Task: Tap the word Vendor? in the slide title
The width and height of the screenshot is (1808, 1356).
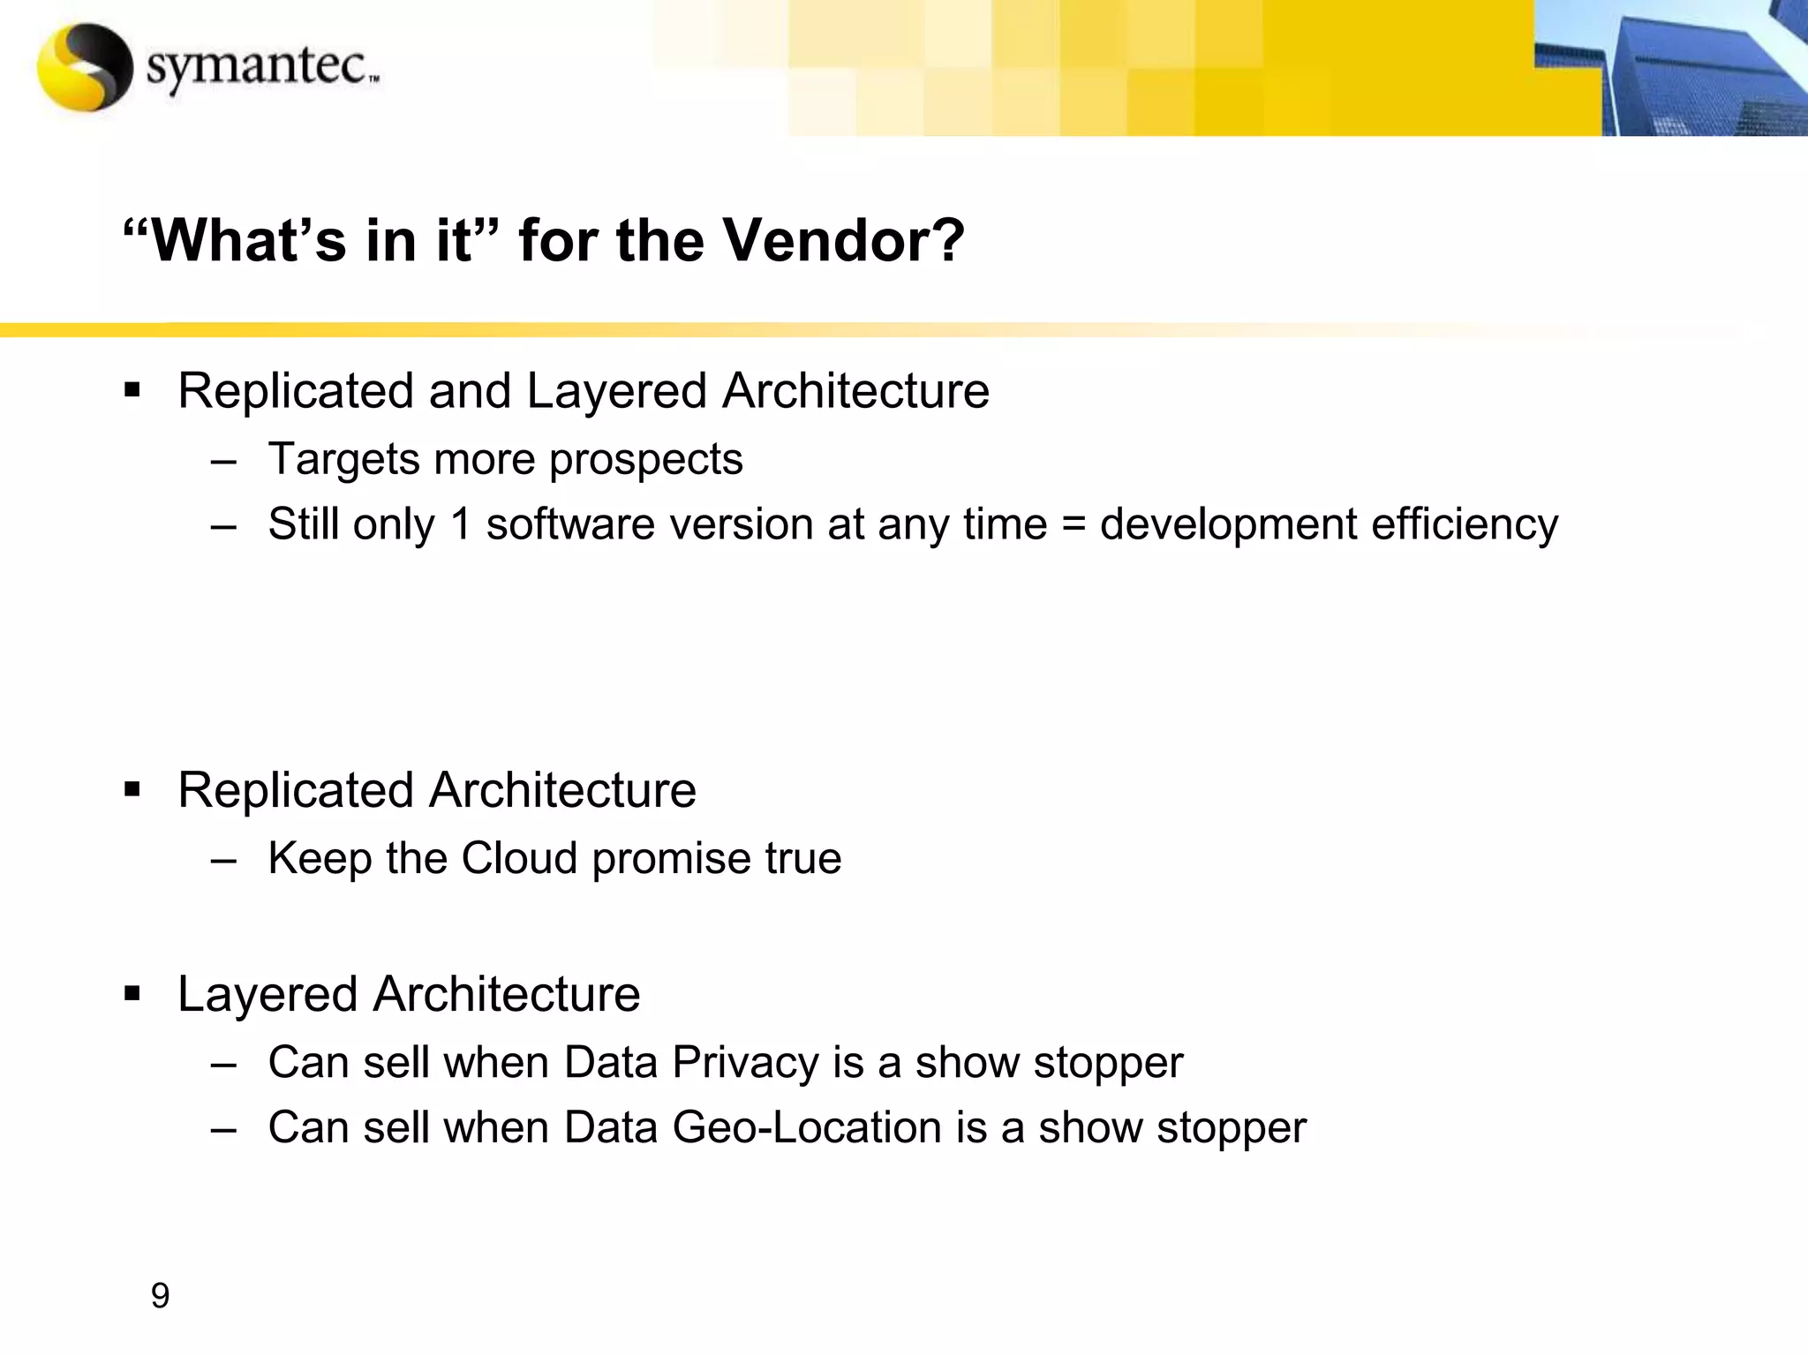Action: [x=844, y=240]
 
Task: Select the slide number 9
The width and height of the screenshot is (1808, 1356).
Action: [x=160, y=1295]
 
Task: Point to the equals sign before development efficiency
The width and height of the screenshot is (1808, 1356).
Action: [x=1073, y=524]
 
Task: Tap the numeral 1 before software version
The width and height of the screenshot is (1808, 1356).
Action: [x=460, y=524]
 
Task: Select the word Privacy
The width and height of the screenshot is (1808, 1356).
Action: [x=744, y=1062]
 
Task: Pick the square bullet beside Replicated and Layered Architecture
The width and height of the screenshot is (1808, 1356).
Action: [x=132, y=391]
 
